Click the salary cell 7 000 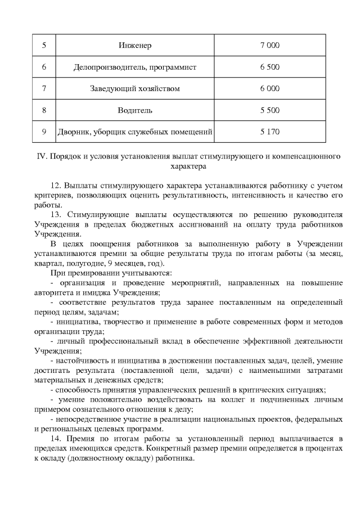pos(270,45)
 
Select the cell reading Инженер pos(135,45)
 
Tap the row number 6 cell pos(44,67)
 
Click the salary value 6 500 pos(270,67)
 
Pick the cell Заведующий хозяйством pos(135,89)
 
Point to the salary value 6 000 pos(270,89)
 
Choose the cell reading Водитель pos(135,111)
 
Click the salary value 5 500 pos(270,111)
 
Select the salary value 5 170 pos(270,133)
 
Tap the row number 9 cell pos(44,133)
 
